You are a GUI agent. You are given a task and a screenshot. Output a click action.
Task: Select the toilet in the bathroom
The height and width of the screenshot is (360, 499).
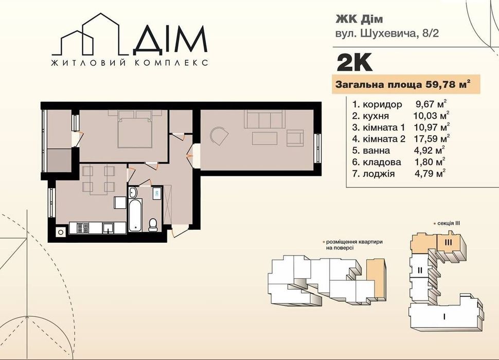pos(153,225)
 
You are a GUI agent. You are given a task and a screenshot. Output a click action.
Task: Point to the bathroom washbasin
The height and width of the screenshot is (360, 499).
pos(133,192)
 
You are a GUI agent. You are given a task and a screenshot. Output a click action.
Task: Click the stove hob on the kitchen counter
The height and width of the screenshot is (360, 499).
pos(83,227)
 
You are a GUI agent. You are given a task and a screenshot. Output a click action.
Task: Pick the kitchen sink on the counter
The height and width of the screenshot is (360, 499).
pos(109,228)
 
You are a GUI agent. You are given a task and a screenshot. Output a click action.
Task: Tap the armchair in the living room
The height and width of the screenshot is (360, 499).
pos(295,138)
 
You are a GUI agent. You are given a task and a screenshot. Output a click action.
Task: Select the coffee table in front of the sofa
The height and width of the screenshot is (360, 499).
pos(264,138)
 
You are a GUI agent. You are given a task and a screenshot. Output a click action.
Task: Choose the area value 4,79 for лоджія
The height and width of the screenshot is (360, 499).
pos(425,174)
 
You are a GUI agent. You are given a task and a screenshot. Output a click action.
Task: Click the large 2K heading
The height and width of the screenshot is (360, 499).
pos(354,62)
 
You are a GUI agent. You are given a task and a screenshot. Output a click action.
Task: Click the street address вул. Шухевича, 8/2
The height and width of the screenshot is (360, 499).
pos(387,33)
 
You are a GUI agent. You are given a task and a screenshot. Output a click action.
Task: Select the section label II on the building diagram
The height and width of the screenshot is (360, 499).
pos(420,271)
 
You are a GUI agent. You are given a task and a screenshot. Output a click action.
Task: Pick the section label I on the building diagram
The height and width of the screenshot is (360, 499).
pos(443,316)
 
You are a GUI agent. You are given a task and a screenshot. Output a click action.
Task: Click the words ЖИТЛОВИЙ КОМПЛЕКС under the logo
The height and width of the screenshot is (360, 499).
pos(130,63)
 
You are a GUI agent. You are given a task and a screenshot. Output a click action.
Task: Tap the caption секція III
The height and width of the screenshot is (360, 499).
pos(449,223)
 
